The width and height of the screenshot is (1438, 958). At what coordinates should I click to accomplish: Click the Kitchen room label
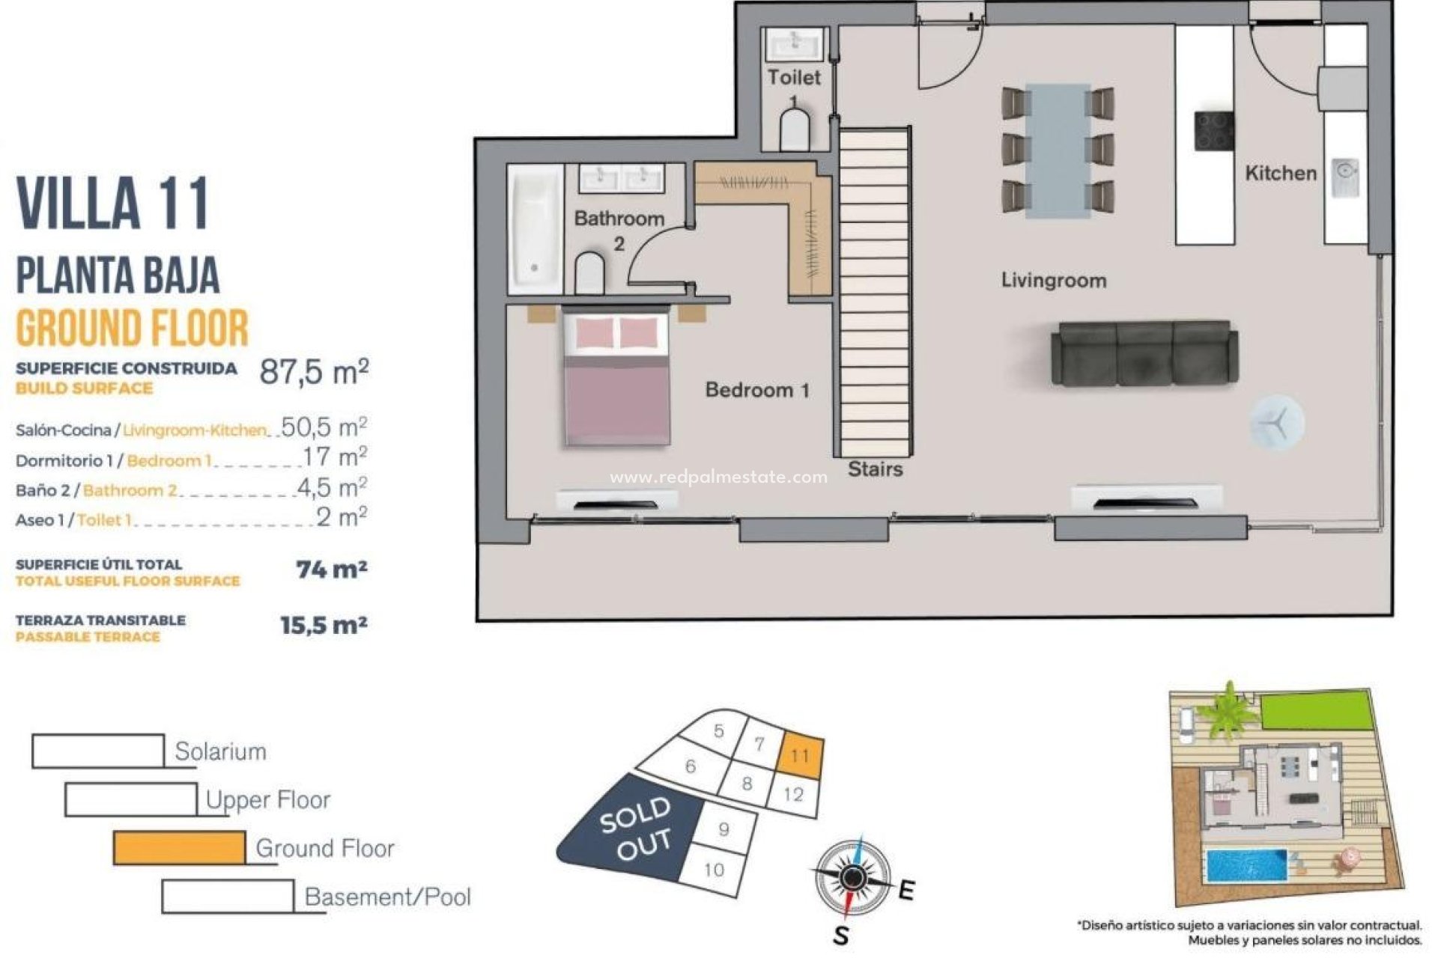(1280, 174)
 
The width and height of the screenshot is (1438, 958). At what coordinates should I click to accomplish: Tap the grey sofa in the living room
(1144, 354)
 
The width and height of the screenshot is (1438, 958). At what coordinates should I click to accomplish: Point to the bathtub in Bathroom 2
(535, 229)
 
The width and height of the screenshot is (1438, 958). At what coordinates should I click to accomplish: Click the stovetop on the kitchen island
(1213, 132)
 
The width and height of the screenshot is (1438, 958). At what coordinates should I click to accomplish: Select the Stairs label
(875, 469)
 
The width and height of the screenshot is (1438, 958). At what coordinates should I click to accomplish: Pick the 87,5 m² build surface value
(314, 371)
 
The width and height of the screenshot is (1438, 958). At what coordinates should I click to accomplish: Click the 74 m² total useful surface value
(331, 570)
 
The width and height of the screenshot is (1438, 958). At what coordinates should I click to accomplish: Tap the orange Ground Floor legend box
(179, 848)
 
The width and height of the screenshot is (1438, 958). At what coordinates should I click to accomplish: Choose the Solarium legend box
(98, 751)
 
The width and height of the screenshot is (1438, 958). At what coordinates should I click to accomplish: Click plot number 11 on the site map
(800, 756)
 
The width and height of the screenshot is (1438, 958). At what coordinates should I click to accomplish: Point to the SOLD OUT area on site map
(635, 829)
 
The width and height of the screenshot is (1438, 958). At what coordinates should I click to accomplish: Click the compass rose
(852, 877)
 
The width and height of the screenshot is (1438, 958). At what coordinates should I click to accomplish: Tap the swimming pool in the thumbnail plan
(1246, 866)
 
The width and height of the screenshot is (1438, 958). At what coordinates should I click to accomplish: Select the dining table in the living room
(1058, 150)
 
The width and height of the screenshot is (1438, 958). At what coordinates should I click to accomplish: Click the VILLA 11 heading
(113, 204)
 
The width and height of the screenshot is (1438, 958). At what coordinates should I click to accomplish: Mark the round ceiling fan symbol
(1276, 423)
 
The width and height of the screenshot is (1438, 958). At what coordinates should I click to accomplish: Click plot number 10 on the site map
(714, 869)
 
